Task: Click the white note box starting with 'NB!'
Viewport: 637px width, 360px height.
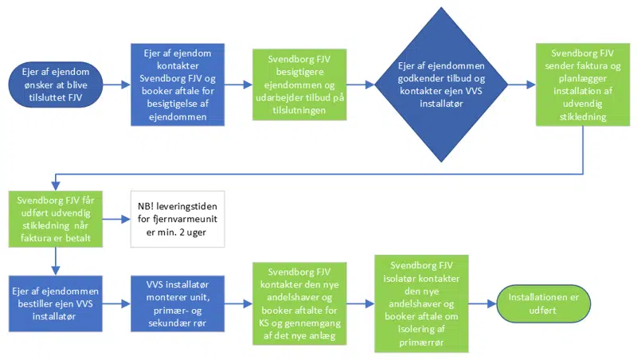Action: point(178,219)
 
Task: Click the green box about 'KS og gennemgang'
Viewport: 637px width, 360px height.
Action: point(299,303)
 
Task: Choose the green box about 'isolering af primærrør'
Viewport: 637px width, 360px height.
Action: point(422,303)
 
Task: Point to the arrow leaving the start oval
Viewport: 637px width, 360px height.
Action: point(115,83)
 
